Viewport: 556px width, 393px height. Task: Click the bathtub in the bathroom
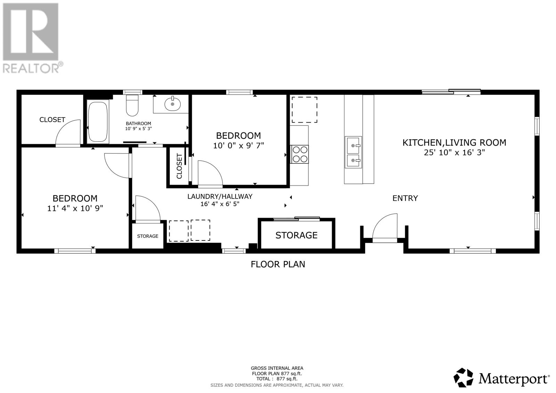[x=98, y=121]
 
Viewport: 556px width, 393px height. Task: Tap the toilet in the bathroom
[x=132, y=105]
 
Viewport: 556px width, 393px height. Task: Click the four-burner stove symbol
[x=300, y=154]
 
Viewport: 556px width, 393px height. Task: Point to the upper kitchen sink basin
[x=353, y=145]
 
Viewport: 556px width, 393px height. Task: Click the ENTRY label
[x=405, y=198]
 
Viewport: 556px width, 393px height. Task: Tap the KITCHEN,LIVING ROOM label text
[x=454, y=142]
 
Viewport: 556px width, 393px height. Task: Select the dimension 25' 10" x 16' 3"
[x=454, y=152]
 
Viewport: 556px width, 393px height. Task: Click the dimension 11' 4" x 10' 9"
[x=75, y=208]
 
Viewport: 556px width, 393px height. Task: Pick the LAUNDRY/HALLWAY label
[x=220, y=196]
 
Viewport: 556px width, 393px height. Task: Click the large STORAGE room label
[x=296, y=235]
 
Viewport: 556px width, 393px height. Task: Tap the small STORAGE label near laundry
[x=147, y=236]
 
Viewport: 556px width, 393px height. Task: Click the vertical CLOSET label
[x=179, y=166]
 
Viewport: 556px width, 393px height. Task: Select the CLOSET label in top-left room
[x=52, y=120]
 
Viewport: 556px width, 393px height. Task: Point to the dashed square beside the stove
[x=304, y=109]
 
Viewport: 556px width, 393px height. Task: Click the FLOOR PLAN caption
[x=278, y=264]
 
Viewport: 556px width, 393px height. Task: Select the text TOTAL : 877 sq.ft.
[x=277, y=379]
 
